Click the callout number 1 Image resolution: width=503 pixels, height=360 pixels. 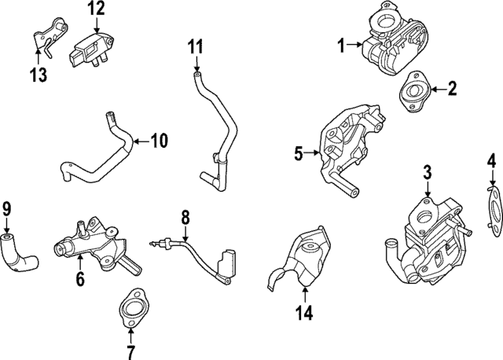(342, 46)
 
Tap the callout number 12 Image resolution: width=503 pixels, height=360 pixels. (95, 9)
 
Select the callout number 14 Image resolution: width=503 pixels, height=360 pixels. (303, 313)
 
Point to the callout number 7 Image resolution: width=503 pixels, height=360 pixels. (130, 351)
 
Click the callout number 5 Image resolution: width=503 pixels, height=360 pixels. (299, 154)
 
